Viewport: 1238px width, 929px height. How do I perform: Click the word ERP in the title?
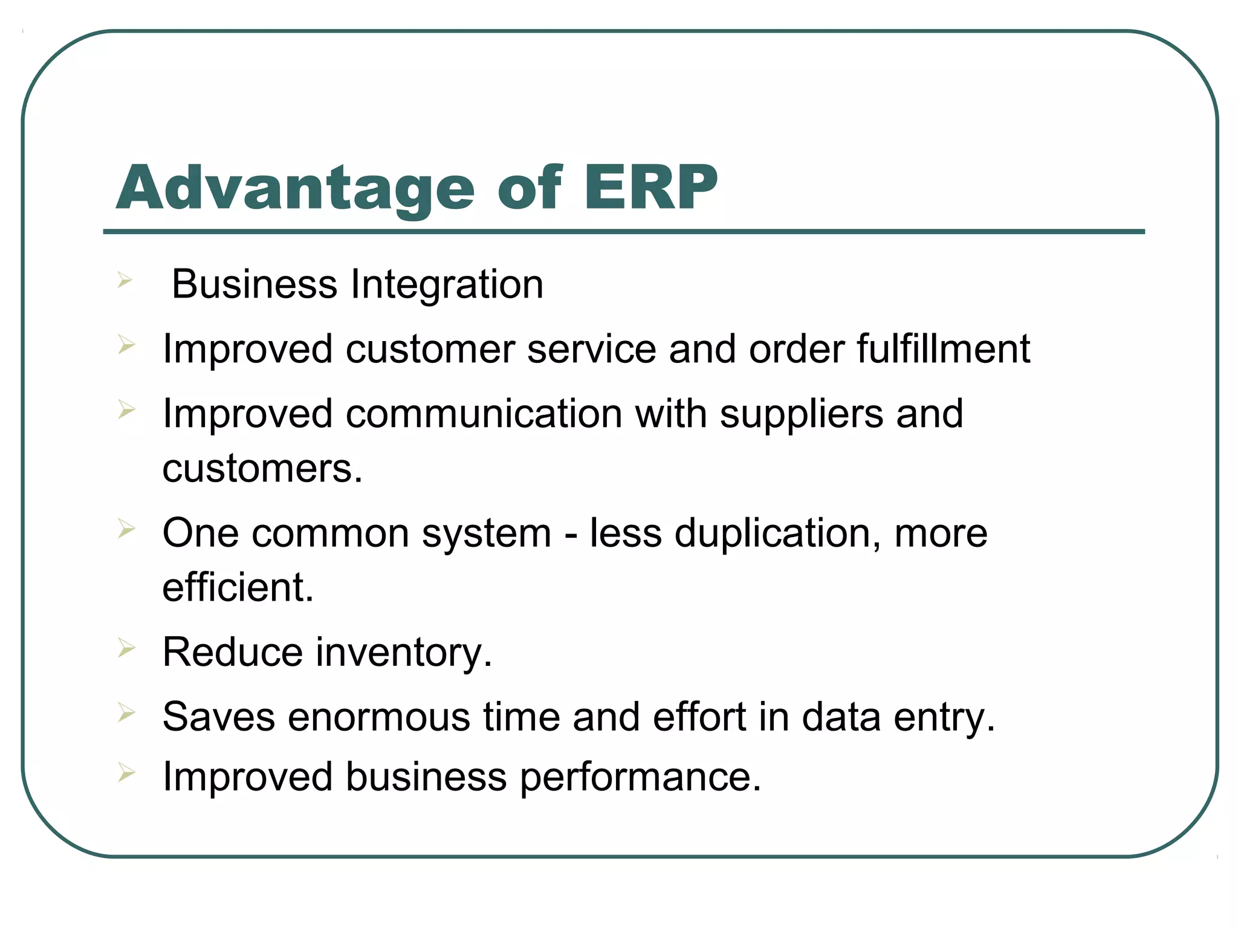pos(650,188)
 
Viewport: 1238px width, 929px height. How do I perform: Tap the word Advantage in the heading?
pos(295,188)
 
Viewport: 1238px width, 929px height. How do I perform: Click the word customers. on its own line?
pos(262,469)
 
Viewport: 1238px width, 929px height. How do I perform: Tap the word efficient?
pos(238,588)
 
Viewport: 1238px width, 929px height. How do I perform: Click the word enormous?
pos(378,717)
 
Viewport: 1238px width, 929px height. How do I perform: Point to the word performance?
pos(640,777)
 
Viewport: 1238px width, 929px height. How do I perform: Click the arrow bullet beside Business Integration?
pos(125,280)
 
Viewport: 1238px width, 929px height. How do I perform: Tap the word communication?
pos(484,414)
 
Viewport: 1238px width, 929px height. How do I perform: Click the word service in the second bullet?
pos(591,349)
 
